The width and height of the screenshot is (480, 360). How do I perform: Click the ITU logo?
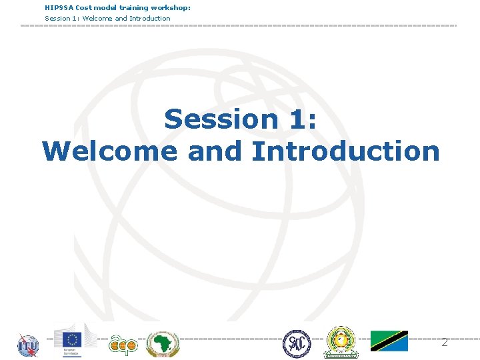[x=28, y=345]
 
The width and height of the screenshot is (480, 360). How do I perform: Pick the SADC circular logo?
[x=296, y=343]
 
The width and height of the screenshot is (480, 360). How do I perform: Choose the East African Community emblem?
[x=340, y=342]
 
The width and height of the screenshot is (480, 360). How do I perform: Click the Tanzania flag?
[x=389, y=341]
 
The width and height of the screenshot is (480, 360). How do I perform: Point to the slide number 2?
[x=444, y=342]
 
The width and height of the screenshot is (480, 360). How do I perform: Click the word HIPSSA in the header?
[x=59, y=7]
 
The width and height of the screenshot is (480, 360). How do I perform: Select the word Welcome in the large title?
[x=110, y=151]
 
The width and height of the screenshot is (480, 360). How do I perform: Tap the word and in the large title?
[x=215, y=151]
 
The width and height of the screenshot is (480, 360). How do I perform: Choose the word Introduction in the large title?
[x=345, y=151]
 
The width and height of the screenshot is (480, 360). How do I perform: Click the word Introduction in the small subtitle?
[x=150, y=18]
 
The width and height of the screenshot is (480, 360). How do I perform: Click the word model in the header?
[x=106, y=7]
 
